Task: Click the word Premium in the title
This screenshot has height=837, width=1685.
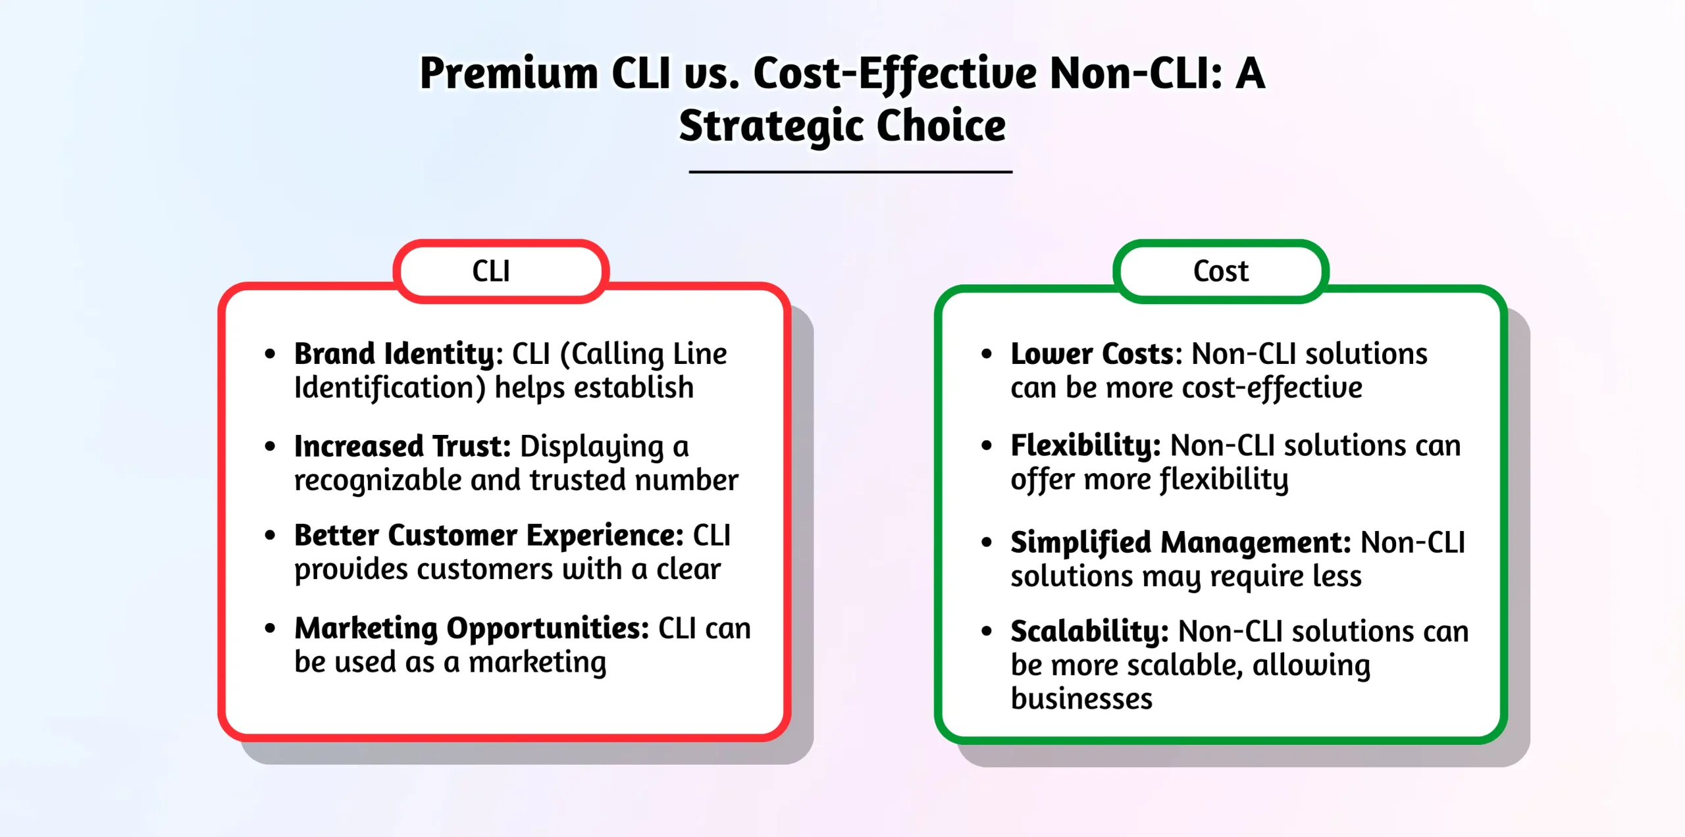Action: [509, 73]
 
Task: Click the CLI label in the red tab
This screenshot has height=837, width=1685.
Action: [491, 271]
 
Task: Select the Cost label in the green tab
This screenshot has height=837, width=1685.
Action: [1220, 271]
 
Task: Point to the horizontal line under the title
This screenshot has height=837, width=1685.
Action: [850, 172]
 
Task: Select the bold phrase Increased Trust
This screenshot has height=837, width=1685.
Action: [402, 446]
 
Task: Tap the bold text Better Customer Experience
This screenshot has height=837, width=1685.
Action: [488, 535]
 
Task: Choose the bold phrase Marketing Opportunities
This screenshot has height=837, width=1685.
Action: [471, 628]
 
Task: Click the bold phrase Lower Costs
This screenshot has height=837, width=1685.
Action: [1101, 354]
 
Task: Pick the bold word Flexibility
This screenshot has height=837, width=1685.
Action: [1085, 445]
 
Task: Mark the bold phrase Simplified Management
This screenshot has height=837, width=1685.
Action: [1180, 543]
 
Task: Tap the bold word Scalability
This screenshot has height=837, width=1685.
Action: [1089, 632]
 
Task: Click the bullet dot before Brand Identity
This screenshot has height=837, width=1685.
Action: [270, 354]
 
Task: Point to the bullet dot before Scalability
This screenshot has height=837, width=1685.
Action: [986, 632]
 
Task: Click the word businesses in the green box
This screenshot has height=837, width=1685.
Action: [1081, 699]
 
